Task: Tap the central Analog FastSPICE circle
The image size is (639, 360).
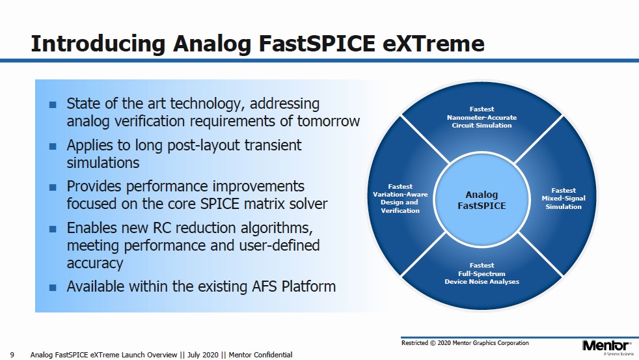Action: coord(482,201)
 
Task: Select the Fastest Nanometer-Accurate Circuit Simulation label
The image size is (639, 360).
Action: coord(482,117)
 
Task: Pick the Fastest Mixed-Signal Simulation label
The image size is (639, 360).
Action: coord(564,199)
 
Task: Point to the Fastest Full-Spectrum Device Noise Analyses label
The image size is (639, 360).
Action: coord(482,273)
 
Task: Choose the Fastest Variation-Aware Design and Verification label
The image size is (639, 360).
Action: coord(400,199)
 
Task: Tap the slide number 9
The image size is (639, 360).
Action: coord(12,355)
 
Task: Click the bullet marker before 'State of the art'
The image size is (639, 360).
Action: coord(53,104)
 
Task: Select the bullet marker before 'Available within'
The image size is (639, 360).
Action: coord(53,288)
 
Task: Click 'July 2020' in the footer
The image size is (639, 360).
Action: coord(203,355)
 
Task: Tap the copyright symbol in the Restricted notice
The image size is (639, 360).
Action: coord(433,343)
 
